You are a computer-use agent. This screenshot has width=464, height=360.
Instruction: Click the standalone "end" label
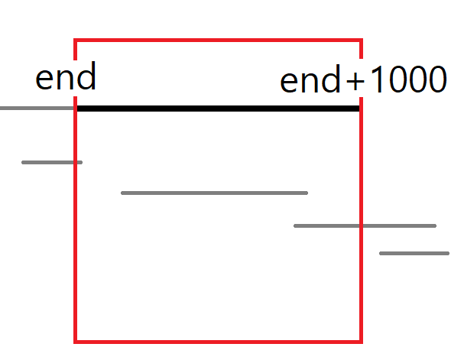pyautogui.click(x=66, y=78)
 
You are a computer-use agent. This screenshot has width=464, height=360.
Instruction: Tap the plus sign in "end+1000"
pyautogui.click(x=355, y=81)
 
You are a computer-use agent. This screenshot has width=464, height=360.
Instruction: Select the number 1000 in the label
pyautogui.click(x=407, y=80)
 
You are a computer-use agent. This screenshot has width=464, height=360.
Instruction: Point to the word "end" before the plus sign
pyautogui.click(x=311, y=81)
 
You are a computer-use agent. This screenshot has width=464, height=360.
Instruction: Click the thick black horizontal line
pyautogui.click(x=218, y=109)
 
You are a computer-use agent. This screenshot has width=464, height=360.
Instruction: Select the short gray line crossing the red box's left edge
pyautogui.click(x=52, y=162)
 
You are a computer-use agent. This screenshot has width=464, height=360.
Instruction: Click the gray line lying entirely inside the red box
pyautogui.click(x=214, y=193)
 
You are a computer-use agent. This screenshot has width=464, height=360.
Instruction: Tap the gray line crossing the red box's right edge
pyautogui.click(x=365, y=225)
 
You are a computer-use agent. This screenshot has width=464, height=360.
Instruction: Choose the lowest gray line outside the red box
pyautogui.click(x=414, y=253)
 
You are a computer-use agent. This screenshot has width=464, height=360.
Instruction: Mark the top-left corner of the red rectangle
pyautogui.click(x=75, y=40)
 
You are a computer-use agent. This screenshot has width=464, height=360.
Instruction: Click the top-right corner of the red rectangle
pyautogui.click(x=361, y=40)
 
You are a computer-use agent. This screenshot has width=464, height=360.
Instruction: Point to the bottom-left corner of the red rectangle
pyautogui.click(x=75, y=341)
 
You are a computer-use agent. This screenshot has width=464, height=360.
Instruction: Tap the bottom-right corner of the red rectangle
pyautogui.click(x=361, y=341)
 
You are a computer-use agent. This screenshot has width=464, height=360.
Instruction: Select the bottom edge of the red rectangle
pyautogui.click(x=218, y=341)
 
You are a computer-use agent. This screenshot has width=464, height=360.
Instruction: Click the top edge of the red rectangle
pyautogui.click(x=218, y=40)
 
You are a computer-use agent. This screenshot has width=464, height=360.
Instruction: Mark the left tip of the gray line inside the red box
pyautogui.click(x=122, y=193)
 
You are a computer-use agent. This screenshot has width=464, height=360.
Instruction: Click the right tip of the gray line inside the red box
pyautogui.click(x=307, y=193)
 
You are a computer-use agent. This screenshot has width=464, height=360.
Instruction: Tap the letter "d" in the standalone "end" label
pyautogui.click(x=86, y=78)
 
